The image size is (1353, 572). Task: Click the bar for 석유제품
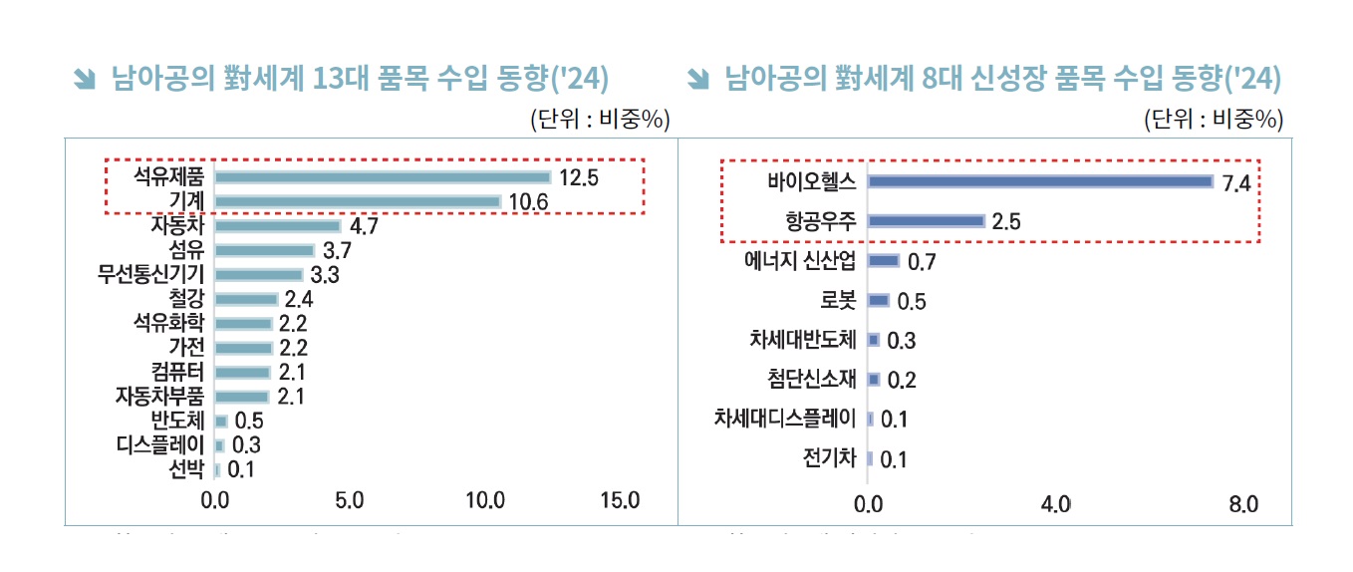383,177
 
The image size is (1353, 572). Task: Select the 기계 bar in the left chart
358,201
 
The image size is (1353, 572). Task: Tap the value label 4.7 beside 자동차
364,226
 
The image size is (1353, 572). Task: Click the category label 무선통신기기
151,274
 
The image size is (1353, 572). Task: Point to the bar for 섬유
265,250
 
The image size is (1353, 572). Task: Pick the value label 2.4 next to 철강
299,299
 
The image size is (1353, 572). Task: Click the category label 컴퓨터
178,372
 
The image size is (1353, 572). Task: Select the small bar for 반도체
221,421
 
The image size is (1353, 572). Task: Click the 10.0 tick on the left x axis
485,500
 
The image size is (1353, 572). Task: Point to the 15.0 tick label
620,500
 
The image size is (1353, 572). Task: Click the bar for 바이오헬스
1040,181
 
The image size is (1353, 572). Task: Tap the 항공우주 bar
927,221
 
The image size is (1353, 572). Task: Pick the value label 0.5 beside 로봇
912,301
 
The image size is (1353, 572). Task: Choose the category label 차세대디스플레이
786,419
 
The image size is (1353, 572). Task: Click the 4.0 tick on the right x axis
1055,504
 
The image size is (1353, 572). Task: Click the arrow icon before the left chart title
86,78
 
